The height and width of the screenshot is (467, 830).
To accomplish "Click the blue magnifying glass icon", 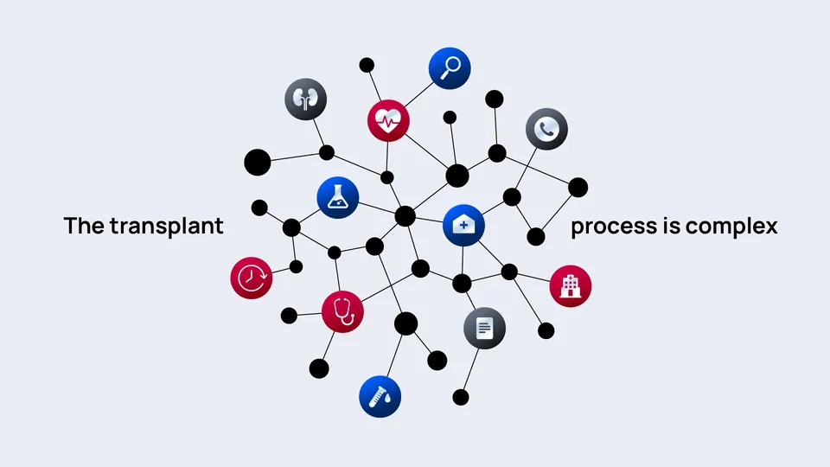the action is click(x=450, y=68).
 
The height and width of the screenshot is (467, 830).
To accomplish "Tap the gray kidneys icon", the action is click(x=305, y=99).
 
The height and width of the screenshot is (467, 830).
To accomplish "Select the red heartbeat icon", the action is click(x=388, y=121).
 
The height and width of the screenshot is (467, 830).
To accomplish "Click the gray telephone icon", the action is click(x=546, y=129).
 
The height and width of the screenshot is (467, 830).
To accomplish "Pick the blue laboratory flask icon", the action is click(x=338, y=197).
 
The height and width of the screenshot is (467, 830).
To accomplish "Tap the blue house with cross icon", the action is click(x=463, y=225).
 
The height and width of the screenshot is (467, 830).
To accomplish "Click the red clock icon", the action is click(x=252, y=278).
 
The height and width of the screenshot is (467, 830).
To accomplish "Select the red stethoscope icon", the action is click(x=342, y=311).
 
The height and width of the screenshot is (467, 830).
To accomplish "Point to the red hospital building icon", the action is click(x=571, y=286).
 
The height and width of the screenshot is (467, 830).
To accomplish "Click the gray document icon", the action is click(x=484, y=329).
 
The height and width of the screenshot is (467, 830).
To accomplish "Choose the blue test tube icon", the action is click(x=380, y=397).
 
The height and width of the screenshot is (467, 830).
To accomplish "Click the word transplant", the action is click(x=166, y=226).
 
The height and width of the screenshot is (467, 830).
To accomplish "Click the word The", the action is click(x=84, y=226).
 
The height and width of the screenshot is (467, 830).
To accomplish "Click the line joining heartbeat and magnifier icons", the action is click(x=418, y=94).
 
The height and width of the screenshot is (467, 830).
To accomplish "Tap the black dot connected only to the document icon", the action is click(x=461, y=397).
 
